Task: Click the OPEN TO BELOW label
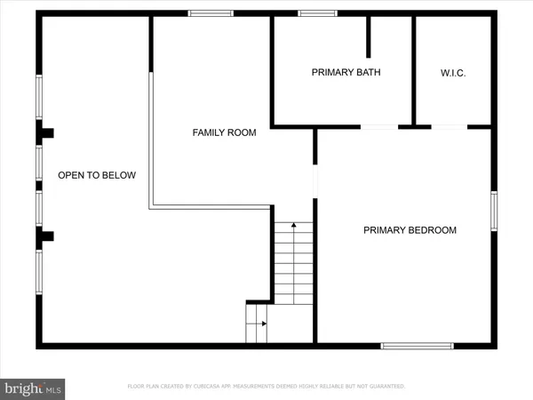click(97, 175)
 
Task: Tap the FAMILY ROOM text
click(224, 132)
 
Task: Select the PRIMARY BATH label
click(346, 73)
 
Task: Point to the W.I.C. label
click(453, 73)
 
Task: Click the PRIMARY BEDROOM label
click(410, 230)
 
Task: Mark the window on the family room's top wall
click(211, 13)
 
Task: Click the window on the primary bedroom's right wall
click(494, 211)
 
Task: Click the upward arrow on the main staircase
click(294, 226)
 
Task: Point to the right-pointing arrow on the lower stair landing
click(262, 324)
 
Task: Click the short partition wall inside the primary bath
click(369, 37)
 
